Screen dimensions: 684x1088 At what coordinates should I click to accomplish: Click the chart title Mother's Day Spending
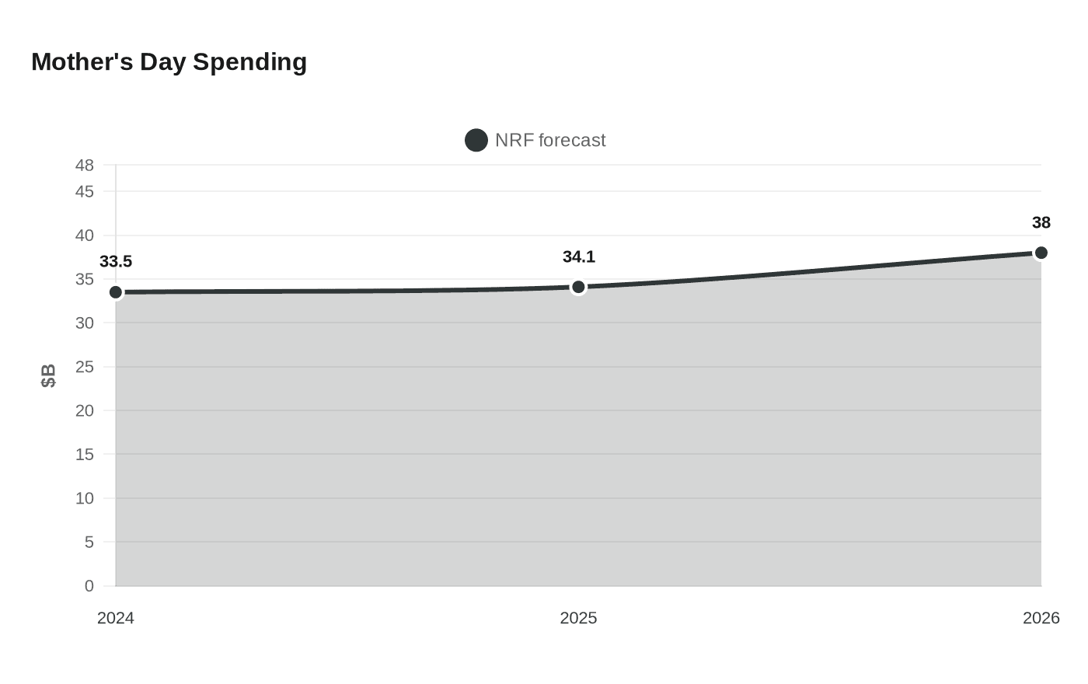tap(169, 62)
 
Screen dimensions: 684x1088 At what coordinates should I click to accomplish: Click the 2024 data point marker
tap(116, 292)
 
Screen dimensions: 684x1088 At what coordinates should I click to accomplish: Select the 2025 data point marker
tap(578, 288)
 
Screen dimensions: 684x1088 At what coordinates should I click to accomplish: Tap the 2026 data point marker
tap(1041, 253)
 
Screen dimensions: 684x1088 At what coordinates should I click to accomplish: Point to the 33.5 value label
tap(116, 262)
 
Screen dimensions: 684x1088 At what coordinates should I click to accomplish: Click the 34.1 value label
tap(579, 257)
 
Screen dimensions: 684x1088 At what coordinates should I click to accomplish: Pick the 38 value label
tap(1041, 223)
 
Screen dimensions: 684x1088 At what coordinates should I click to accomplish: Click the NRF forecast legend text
tap(550, 141)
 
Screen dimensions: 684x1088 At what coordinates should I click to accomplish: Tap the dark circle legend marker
tap(476, 141)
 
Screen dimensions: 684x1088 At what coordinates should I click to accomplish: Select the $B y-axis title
tap(48, 375)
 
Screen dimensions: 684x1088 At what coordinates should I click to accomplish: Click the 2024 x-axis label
tap(116, 618)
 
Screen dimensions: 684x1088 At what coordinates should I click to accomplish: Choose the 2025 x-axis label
tap(579, 618)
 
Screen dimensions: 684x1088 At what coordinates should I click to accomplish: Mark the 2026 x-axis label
tap(1041, 618)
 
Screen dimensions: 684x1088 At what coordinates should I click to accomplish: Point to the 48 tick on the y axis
tap(85, 166)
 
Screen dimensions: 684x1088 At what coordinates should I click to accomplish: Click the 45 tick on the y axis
tap(85, 191)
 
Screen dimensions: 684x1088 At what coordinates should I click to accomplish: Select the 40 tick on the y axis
tap(85, 236)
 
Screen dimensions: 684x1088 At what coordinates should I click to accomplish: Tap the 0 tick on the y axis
tap(89, 586)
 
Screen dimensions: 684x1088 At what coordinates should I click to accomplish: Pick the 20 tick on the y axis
tap(85, 410)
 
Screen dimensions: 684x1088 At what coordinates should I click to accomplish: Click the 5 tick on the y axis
tap(89, 542)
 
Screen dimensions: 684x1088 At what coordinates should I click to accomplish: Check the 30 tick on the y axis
tap(85, 323)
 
